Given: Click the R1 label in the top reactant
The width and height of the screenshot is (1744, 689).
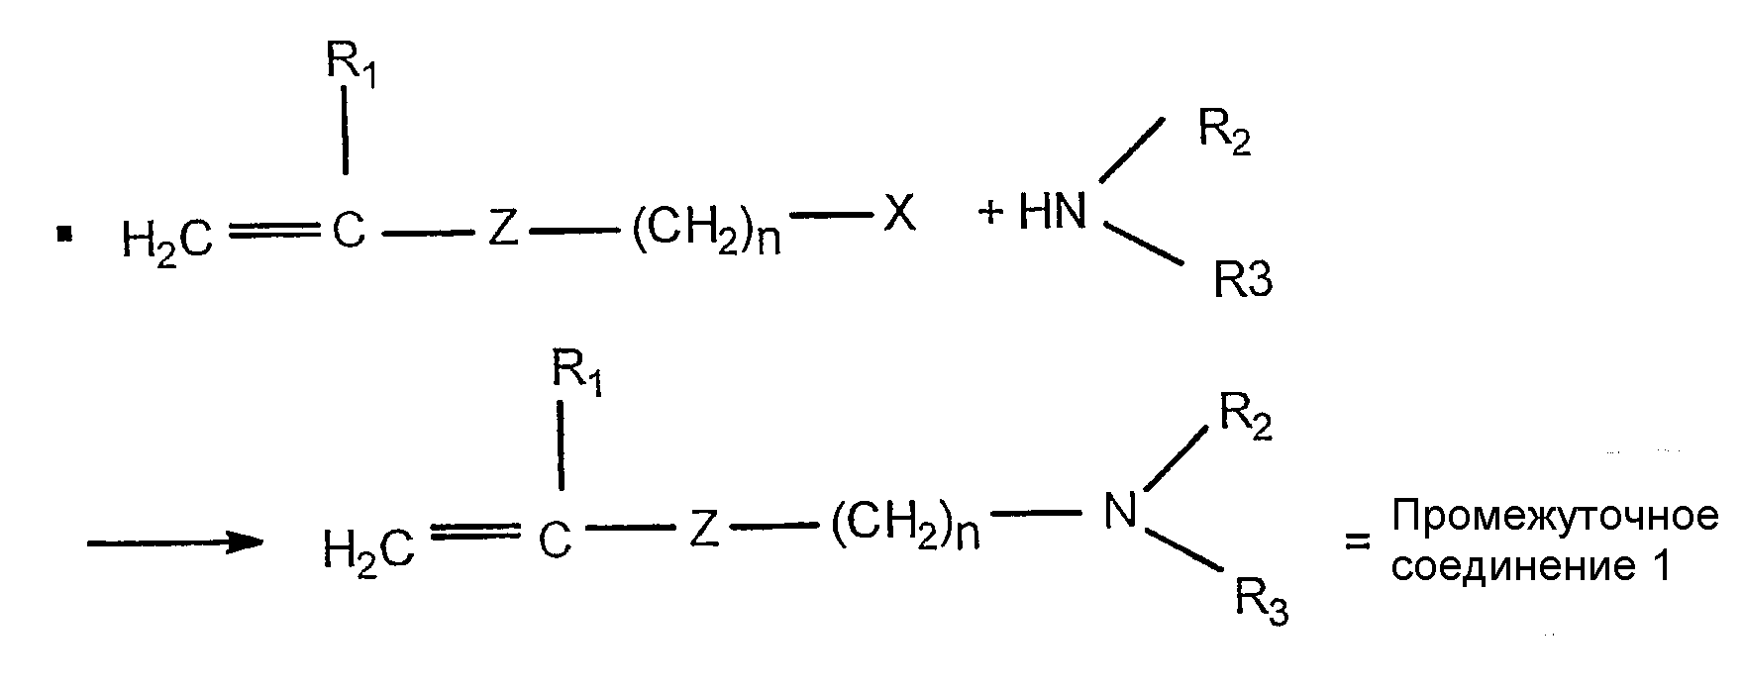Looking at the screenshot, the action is pos(352,64).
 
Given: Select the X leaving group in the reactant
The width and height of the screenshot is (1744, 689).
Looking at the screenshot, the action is pos(899,214).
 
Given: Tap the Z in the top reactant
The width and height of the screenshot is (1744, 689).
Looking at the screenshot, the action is pos(502,233).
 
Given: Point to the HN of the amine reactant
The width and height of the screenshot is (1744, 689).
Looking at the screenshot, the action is pos(1053,213).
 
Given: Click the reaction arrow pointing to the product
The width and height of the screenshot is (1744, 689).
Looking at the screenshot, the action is pos(174,542).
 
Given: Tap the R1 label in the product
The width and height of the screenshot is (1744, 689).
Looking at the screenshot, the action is pos(577,375).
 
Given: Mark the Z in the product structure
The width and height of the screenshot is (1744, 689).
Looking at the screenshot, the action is pos(702,532).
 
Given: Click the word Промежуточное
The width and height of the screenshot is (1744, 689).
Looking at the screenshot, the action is pos(1555,517).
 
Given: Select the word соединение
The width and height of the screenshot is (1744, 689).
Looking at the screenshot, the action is pos(1512,566).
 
